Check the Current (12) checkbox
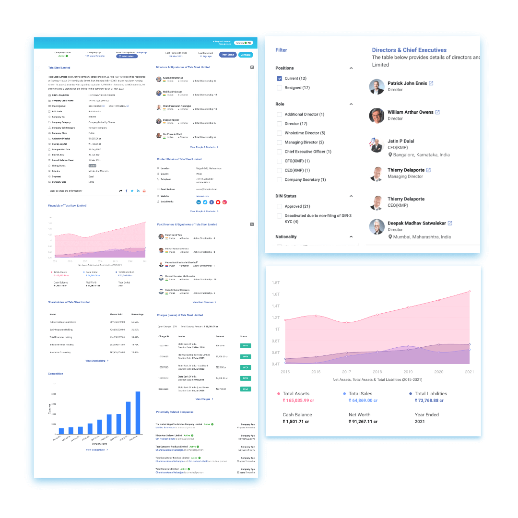[x=279, y=78]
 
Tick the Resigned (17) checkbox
[x=279, y=88]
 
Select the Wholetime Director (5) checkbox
[x=279, y=133]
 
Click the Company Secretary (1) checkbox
[x=279, y=180]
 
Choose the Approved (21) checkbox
[x=279, y=206]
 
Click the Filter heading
[x=281, y=50]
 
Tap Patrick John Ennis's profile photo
[x=377, y=87]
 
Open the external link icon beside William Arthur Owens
[x=437, y=112]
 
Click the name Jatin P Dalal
[x=401, y=141]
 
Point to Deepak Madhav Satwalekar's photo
[x=377, y=226]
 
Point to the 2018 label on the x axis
[x=377, y=372]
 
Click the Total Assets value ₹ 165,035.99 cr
[x=298, y=400]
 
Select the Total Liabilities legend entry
[x=430, y=394]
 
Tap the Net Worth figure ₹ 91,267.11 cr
[x=363, y=422]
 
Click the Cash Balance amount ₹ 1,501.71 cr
[x=297, y=422]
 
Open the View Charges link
[x=203, y=399]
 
